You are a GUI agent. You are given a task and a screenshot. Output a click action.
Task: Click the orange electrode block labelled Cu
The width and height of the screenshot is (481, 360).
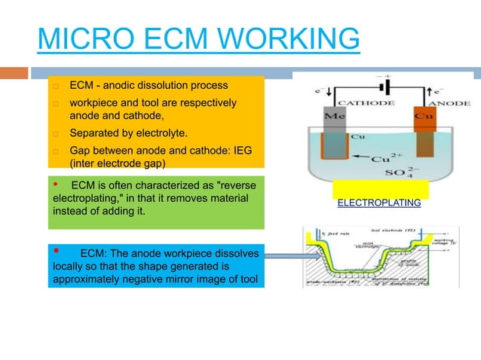coord(425,117)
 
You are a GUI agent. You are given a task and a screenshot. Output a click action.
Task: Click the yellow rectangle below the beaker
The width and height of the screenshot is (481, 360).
coord(380,189)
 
